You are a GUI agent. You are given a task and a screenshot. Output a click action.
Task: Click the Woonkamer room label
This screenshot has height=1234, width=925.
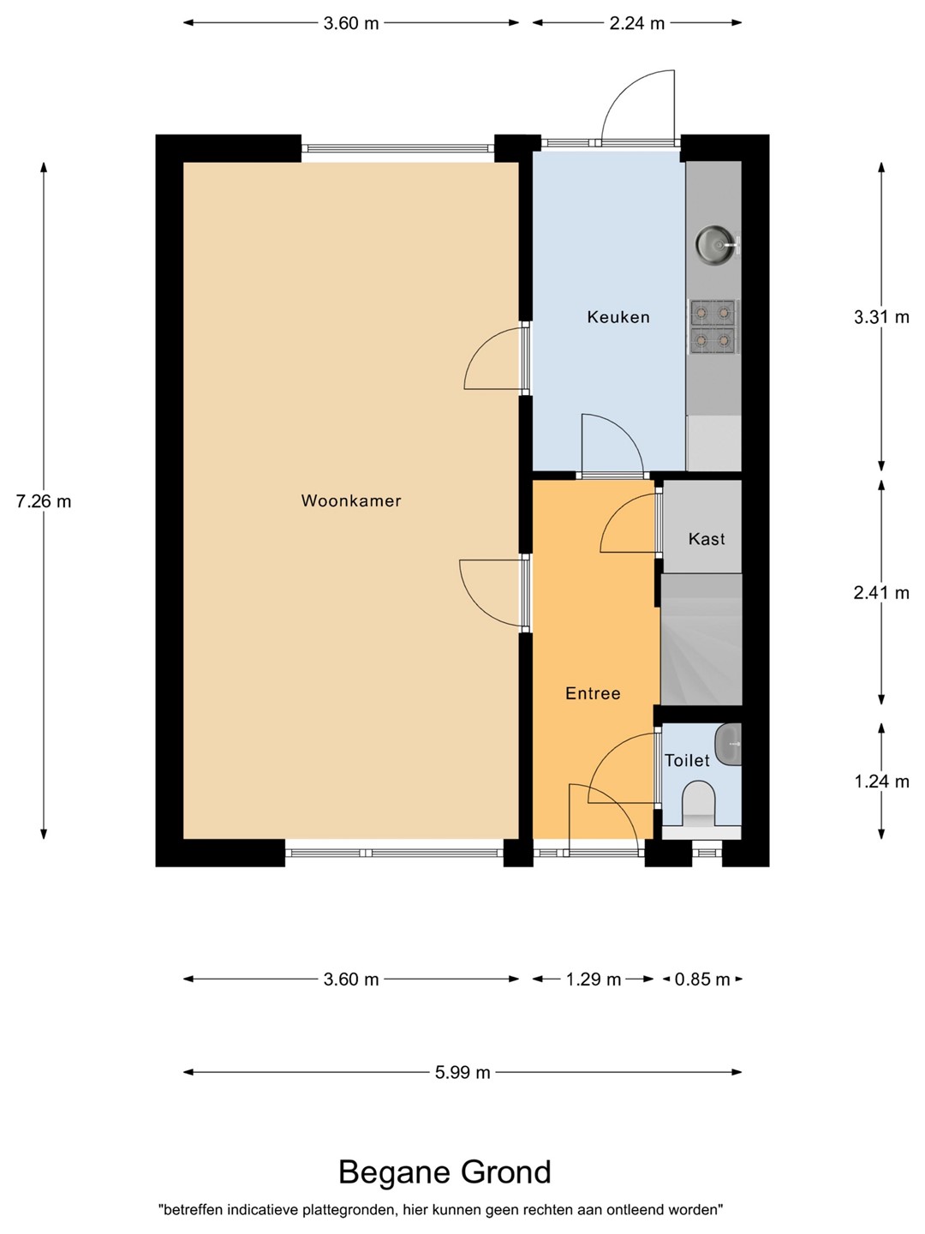point(351,500)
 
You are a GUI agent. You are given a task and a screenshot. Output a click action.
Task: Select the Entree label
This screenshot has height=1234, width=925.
point(593,693)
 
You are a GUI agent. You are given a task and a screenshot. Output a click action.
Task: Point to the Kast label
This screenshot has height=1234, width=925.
point(707,539)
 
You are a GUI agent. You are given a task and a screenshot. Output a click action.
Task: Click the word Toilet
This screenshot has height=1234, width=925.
point(687,761)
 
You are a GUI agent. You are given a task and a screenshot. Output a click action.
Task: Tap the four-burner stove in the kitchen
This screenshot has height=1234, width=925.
point(713,327)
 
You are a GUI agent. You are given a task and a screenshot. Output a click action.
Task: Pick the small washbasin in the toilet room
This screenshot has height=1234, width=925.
point(728,745)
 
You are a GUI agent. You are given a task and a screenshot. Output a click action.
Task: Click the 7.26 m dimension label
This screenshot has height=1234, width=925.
point(44,501)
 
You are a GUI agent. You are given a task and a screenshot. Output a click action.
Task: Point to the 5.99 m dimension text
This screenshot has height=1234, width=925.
point(462,1072)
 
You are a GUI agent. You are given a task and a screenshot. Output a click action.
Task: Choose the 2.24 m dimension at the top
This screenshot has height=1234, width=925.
point(637,23)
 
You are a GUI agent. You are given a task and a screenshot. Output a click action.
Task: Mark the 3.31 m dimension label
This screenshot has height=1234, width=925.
point(881,317)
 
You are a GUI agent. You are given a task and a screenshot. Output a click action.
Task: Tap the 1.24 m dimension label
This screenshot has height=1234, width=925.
point(881,782)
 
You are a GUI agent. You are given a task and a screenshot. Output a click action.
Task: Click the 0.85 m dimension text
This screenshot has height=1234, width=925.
point(702,979)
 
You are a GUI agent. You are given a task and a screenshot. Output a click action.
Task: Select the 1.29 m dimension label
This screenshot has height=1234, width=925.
point(593,979)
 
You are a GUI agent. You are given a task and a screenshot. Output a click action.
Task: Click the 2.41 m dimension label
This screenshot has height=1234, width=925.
point(881,592)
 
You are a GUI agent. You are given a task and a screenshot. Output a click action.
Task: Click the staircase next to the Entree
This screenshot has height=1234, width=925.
point(701,639)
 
